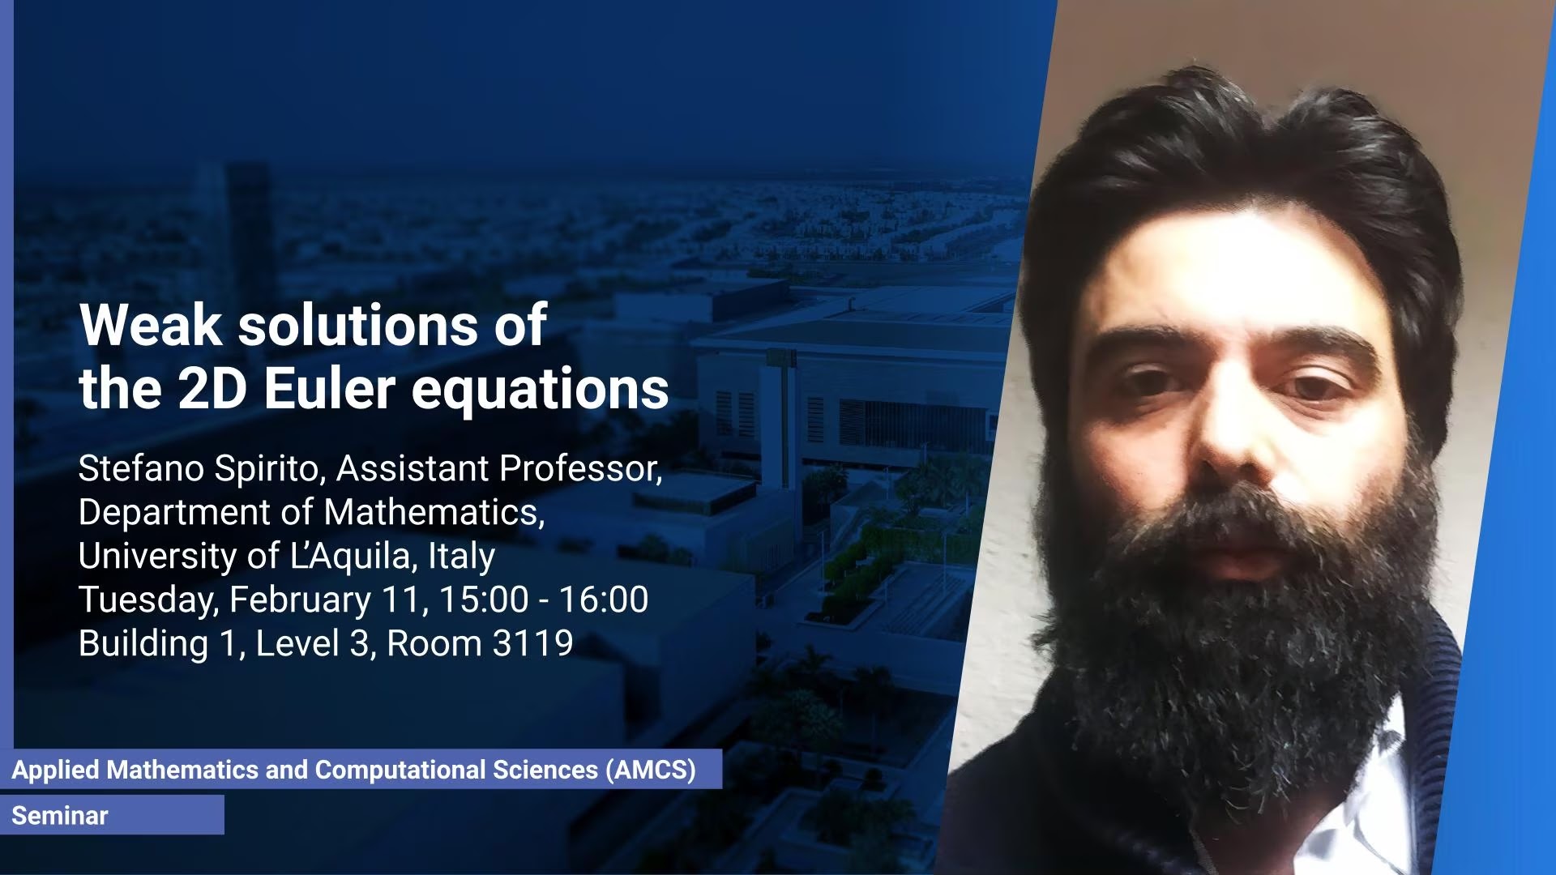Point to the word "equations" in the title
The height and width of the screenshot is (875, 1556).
click(x=541, y=392)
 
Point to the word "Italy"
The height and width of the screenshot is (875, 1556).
click(x=461, y=557)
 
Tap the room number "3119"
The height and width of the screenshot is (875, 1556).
click(x=532, y=644)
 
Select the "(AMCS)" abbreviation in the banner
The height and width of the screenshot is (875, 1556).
click(x=651, y=770)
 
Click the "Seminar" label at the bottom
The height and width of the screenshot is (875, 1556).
click(x=59, y=816)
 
